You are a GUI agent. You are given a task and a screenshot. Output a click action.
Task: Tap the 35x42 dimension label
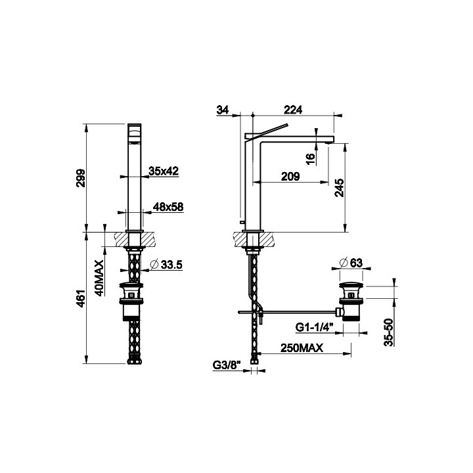[164, 171]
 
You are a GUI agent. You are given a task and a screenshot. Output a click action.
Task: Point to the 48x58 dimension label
[168, 207]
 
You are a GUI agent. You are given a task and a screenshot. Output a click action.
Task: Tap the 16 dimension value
[310, 158]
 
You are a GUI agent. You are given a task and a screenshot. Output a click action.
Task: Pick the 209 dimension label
[290, 176]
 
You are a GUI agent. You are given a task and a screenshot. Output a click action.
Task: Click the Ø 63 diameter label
[352, 263]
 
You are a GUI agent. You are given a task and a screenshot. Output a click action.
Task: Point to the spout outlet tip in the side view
[328, 139]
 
